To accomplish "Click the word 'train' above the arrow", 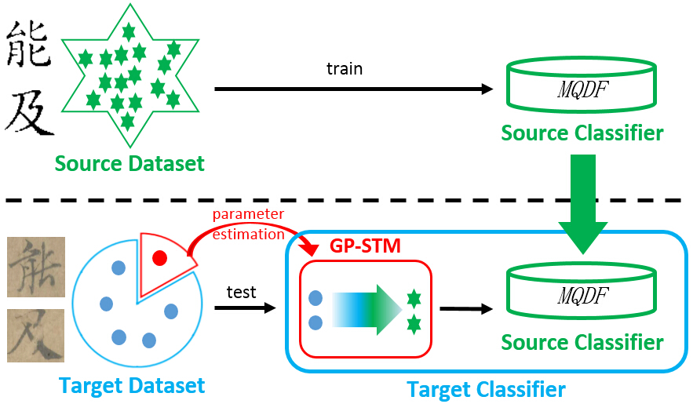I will pyautogui.click(x=345, y=69).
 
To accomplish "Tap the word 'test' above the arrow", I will pyautogui.click(x=241, y=292).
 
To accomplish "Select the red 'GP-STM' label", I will pyautogui.click(x=367, y=246).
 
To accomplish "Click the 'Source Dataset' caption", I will pyautogui.click(x=129, y=163).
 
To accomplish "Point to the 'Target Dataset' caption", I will pyautogui.click(x=132, y=385).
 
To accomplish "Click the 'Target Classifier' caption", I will pyautogui.click(x=486, y=389).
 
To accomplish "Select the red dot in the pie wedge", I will pyautogui.click(x=159, y=258).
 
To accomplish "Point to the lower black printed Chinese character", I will pyautogui.click(x=29, y=111).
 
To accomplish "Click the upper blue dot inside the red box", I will pyautogui.click(x=317, y=298).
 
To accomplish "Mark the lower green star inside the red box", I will pyautogui.click(x=413, y=322).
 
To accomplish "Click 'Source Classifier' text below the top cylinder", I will pyautogui.click(x=582, y=133).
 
